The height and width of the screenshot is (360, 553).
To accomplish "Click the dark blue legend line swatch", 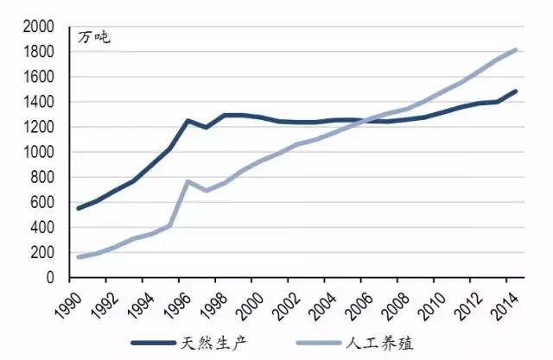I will (154, 344).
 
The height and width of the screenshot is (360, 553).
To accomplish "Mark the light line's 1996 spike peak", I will (188, 181).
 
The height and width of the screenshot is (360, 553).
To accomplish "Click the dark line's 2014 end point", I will (517, 91).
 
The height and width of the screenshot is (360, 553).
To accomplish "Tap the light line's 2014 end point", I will (517, 49).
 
